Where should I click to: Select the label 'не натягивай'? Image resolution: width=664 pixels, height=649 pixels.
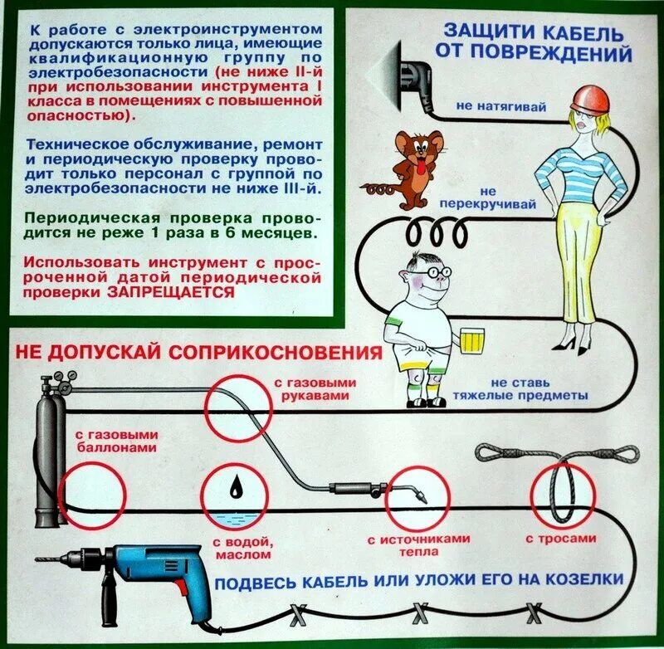pyautogui.click(x=490, y=106)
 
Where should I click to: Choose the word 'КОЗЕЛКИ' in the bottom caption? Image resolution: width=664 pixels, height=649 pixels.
pyautogui.click(x=570, y=578)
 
